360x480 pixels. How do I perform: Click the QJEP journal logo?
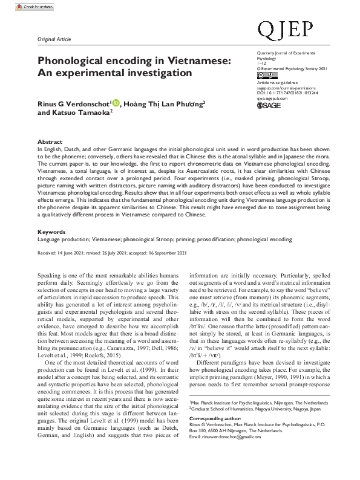tap(285, 29)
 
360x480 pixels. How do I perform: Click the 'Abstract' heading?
tap(50, 141)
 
